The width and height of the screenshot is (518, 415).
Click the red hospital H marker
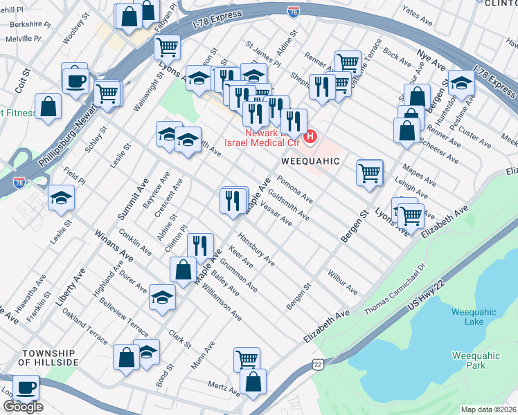[310, 137]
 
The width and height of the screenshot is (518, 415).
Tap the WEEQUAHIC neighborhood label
[311, 161]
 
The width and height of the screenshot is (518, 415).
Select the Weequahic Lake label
[474, 317]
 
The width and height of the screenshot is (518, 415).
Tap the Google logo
[23, 407]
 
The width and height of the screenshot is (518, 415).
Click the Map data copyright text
[488, 409]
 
